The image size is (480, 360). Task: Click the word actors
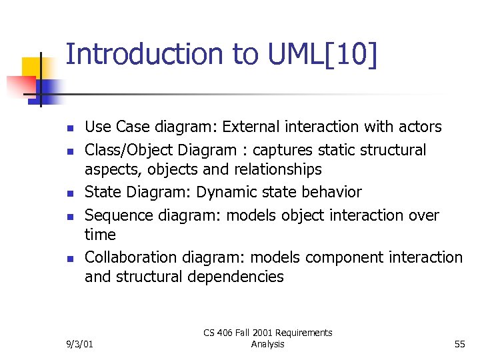417,127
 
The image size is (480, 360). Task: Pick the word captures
285,150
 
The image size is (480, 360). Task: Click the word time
100,235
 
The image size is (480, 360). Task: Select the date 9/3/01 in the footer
80,344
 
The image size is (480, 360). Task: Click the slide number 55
459,344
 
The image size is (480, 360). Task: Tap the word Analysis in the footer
268,344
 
